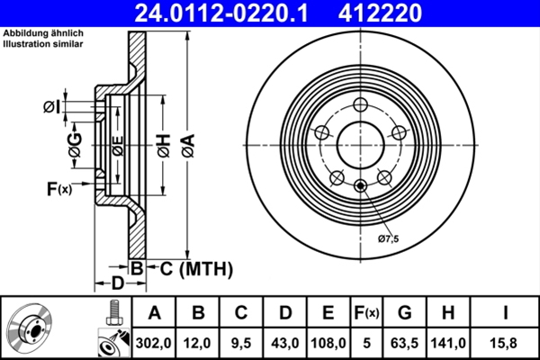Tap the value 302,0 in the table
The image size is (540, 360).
(154, 343)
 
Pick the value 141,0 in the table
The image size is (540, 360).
(448, 343)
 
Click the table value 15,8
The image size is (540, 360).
(506, 343)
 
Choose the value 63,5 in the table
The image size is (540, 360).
(404, 343)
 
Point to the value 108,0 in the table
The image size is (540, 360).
(328, 343)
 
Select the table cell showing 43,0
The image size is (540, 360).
(284, 343)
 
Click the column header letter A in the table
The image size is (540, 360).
(154, 314)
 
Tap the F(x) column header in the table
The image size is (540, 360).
(366, 314)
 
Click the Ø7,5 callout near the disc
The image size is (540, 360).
(388, 238)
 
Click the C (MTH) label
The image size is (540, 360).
(191, 268)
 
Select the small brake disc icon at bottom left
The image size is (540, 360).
(31, 328)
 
